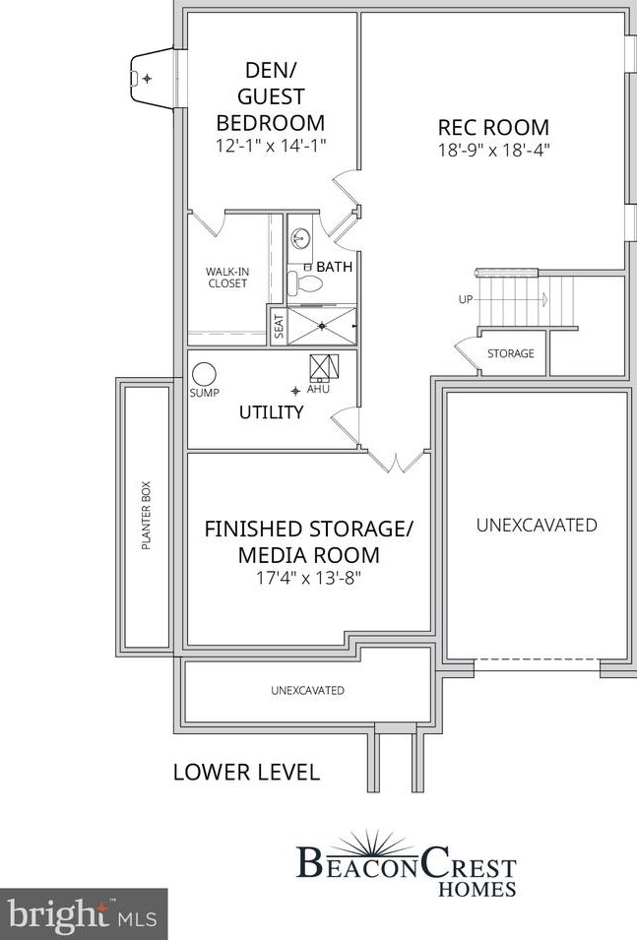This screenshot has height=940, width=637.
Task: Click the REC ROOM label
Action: click(x=493, y=127)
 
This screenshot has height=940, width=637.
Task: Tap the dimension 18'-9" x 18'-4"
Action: click(x=493, y=151)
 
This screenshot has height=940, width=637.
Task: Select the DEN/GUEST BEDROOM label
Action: click(x=270, y=96)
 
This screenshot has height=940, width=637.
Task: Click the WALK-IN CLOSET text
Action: click(x=226, y=277)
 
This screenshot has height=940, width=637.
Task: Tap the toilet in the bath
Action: click(x=307, y=284)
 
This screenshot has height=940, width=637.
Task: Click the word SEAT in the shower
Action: click(x=278, y=325)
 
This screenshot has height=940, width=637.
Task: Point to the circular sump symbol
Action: click(x=204, y=374)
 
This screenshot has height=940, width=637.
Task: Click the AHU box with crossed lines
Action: click(x=325, y=367)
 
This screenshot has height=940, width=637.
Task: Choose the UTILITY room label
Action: click(x=271, y=412)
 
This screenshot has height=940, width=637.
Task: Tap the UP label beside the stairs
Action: click(x=466, y=299)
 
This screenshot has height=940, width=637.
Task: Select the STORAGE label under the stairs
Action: click(x=511, y=353)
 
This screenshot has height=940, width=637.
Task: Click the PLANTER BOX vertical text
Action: click(x=146, y=514)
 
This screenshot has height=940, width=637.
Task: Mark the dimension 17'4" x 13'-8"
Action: click(x=308, y=578)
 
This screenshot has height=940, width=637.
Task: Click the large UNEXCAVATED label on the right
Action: click(x=537, y=525)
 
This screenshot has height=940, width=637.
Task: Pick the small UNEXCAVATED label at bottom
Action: click(x=307, y=690)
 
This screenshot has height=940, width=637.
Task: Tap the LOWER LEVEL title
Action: click(x=246, y=772)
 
